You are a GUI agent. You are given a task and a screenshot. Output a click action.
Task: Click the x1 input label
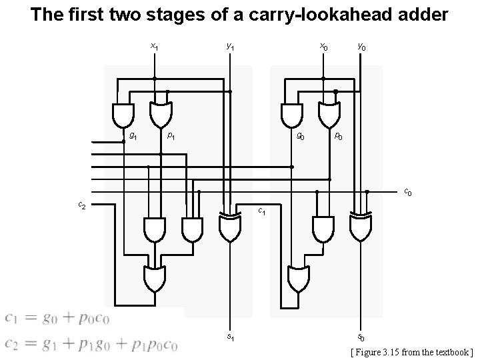coord(154,47)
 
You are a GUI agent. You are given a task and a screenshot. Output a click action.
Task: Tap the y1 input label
coord(230,47)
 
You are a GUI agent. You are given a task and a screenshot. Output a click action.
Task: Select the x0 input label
coord(323,47)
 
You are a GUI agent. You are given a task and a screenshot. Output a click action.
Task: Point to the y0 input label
coord(361,47)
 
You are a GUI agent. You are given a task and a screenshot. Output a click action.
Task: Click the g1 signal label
coord(133,137)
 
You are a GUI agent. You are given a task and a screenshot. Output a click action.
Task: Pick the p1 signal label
coord(171,136)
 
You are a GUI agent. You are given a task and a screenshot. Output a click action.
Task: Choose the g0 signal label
coord(301,137)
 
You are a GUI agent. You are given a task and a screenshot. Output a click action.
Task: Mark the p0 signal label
coord(339,137)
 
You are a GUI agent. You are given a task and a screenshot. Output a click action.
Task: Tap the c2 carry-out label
coord(81,205)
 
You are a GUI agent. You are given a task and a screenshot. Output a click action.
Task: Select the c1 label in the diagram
coord(262,212)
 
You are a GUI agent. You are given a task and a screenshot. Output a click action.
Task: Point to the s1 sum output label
coord(230,337)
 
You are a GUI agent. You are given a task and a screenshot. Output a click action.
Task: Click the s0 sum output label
coord(361,337)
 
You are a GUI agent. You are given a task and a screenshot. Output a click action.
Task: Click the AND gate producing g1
coord(123,115)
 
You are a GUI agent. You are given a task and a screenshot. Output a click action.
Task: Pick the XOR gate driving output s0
coord(361,227)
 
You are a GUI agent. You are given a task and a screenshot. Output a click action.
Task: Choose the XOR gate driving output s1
coord(230,227)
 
